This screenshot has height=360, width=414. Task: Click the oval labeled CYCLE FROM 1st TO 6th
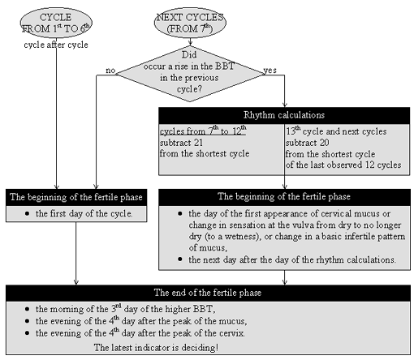56,23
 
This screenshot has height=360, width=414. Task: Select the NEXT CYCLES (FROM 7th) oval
190,23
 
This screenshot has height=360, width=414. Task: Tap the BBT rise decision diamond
190,74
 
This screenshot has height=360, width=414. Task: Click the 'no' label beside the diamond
110,71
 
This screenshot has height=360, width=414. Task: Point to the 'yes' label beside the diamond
270,71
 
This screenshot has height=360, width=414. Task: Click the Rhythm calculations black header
284,115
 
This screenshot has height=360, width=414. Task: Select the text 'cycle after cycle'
56,45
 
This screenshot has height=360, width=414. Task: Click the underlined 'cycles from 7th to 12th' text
203,131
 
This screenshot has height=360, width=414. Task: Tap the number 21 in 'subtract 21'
198,143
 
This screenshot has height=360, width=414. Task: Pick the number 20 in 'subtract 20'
325,143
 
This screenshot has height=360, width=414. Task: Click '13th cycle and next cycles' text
336,131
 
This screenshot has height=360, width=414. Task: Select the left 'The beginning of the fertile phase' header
76,197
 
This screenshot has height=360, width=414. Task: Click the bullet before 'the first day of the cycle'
27,213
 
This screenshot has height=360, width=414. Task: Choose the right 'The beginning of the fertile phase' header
284,197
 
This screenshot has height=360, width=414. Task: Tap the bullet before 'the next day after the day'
180,259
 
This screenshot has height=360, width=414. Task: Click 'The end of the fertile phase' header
208,293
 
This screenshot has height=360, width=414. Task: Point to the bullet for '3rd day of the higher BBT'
27,309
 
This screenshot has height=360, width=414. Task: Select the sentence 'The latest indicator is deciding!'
156,348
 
